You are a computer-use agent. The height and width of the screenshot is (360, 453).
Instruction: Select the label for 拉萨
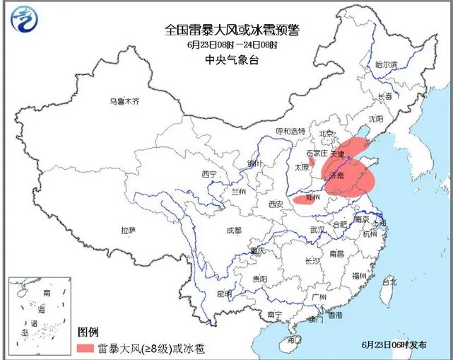click(128, 230)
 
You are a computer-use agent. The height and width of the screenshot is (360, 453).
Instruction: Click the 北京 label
click(326, 133)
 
